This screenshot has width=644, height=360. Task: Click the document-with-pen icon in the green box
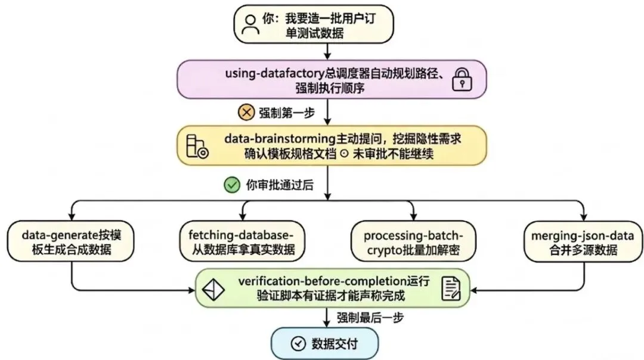pyautogui.click(x=451, y=289)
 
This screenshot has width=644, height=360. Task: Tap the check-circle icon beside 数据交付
pyautogui.click(x=297, y=344)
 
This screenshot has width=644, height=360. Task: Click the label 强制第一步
pyautogui.click(x=283, y=112)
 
